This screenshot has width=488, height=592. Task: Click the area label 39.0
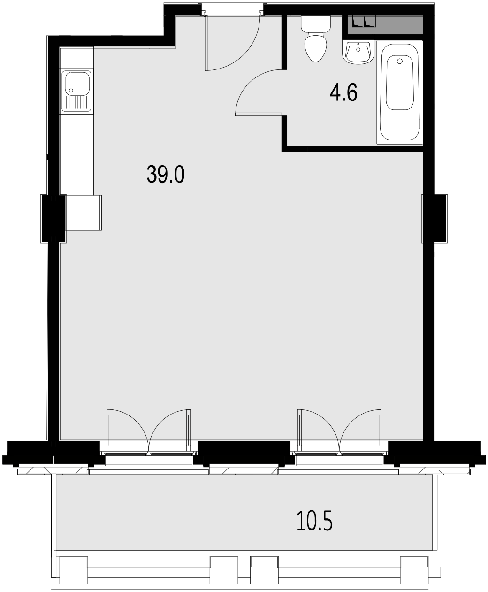(166, 175)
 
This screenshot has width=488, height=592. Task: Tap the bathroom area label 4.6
(343, 92)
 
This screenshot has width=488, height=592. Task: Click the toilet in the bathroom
(315, 46)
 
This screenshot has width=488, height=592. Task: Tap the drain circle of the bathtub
(400, 61)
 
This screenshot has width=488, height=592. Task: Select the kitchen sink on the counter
(77, 91)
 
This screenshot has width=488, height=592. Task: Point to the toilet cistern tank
(316, 23)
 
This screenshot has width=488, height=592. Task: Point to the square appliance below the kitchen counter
(84, 212)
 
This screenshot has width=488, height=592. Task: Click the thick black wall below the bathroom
(352, 149)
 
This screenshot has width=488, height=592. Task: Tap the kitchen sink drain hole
(71, 90)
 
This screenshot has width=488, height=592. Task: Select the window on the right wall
(422, 219)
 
